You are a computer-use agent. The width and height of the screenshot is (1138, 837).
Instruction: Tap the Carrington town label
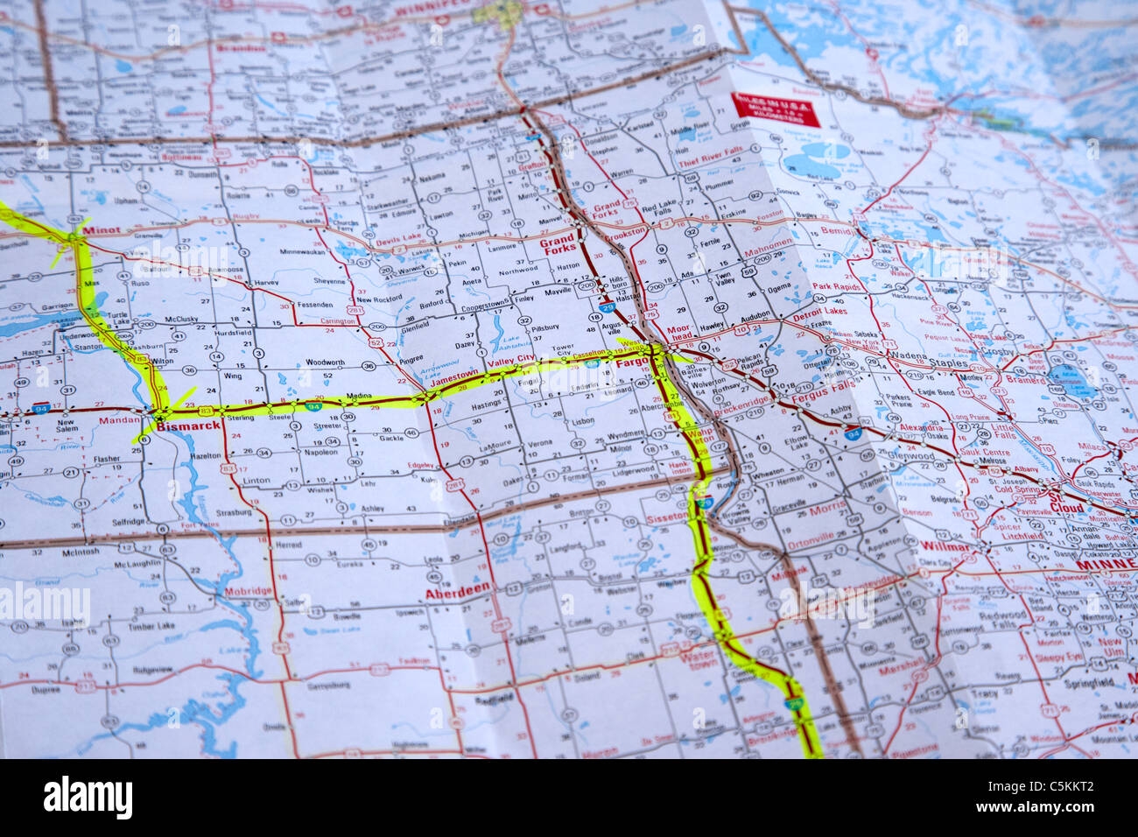point(336,321)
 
